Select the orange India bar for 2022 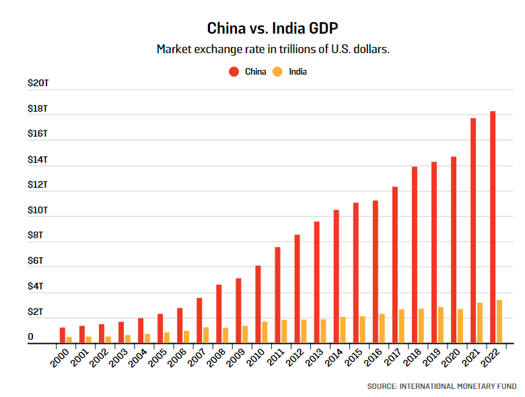[500, 322]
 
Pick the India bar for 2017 [402, 326]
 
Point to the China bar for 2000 [62, 335]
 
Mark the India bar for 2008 [225, 335]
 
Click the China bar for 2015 [356, 273]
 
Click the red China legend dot [234, 71]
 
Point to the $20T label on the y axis [38, 83]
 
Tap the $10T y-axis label [38, 210]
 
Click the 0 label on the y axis [30, 336]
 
